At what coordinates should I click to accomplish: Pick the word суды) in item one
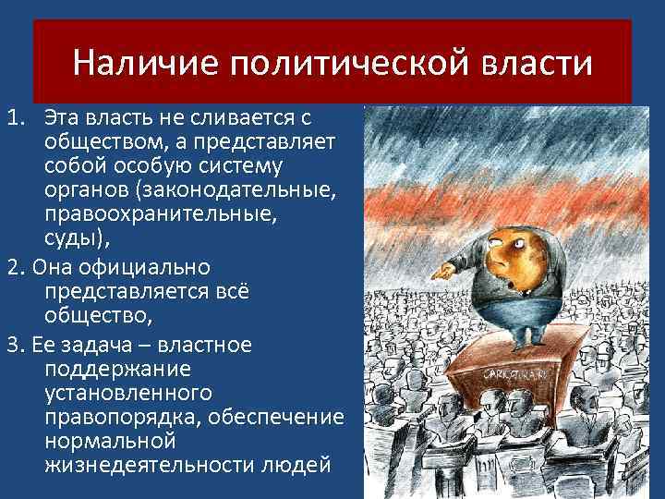pyautogui.click(x=76, y=239)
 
